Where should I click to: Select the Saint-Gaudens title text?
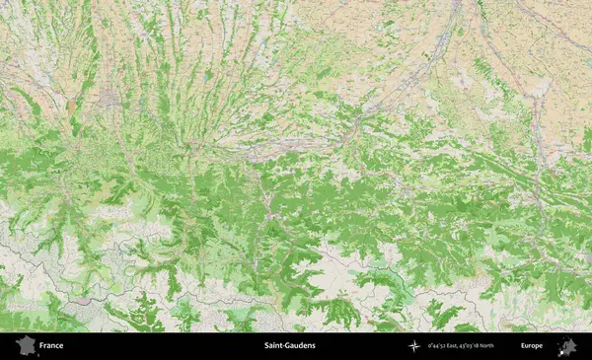290,346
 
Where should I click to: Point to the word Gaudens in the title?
300,346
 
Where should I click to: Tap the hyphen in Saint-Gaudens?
285,346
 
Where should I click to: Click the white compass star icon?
413,346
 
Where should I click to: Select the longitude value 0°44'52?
436,346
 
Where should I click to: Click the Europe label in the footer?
532,346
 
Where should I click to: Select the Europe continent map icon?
567,346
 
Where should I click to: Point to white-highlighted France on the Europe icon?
563,349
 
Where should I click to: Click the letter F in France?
41,346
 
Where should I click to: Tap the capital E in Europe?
523,346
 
